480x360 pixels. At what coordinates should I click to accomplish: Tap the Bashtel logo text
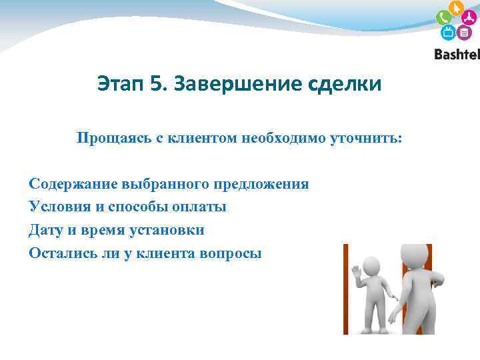457,55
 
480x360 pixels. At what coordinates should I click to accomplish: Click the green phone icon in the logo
444,18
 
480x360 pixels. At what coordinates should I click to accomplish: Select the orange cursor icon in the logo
457,9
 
